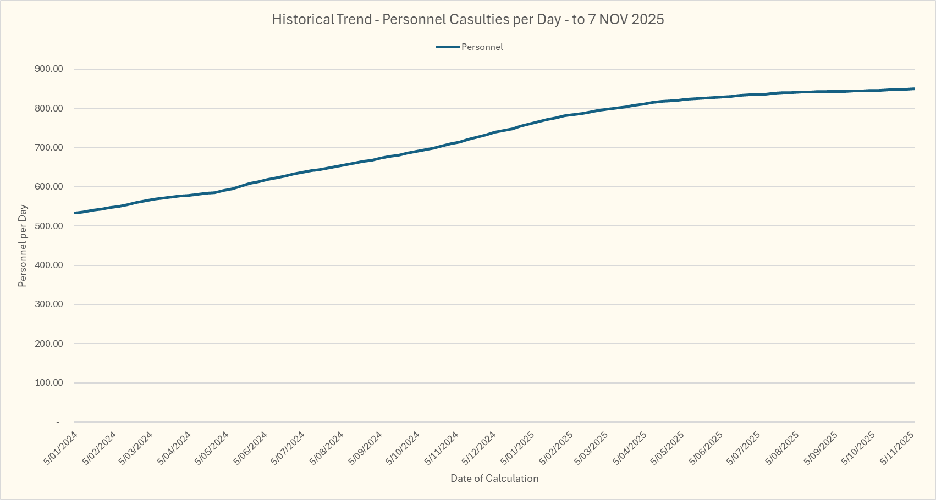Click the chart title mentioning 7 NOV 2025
tap(467, 20)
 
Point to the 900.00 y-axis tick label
tap(49, 69)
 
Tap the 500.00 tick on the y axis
tap(49, 226)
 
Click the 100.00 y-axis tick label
tap(49, 382)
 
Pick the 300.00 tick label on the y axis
tap(49, 304)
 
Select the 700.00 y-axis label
tap(49, 148)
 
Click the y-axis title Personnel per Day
tap(23, 246)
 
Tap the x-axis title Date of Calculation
tap(494, 479)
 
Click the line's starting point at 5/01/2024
tap(75, 213)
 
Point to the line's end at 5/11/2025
tap(913, 88)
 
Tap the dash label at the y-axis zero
tap(57, 422)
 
